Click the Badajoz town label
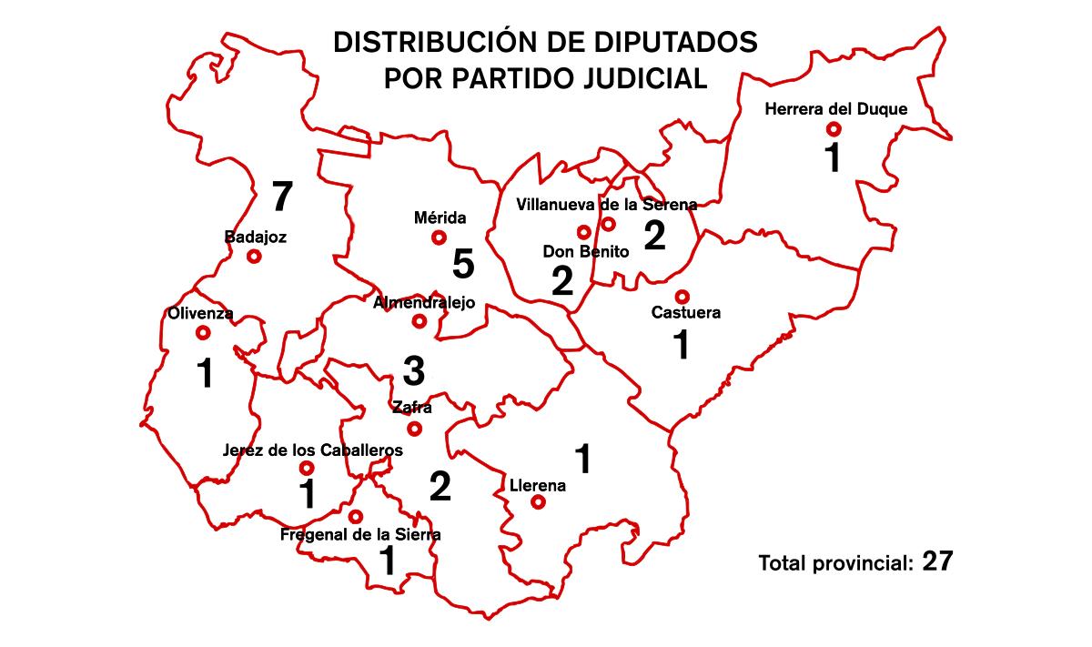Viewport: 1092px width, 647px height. click(256, 238)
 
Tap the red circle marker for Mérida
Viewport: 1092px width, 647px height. click(439, 238)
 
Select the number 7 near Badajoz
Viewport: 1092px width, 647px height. click(283, 196)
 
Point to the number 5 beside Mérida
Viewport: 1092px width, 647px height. click(463, 265)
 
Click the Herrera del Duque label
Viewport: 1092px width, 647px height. click(836, 109)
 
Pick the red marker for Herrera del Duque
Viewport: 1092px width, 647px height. click(833, 129)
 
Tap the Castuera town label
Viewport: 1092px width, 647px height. click(686, 313)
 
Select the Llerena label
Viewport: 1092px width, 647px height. click(538, 486)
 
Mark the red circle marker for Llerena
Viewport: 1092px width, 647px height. click(538, 501)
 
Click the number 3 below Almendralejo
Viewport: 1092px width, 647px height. click(413, 370)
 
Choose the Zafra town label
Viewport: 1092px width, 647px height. click(411, 408)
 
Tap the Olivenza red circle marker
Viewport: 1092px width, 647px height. click(201, 333)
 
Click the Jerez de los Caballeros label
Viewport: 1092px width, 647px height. click(312, 450)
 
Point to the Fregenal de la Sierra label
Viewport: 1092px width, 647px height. click(360, 535)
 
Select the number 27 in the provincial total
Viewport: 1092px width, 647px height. click(936, 561)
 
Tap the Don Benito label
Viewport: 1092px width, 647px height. click(586, 252)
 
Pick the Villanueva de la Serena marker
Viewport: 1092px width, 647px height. click(609, 224)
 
